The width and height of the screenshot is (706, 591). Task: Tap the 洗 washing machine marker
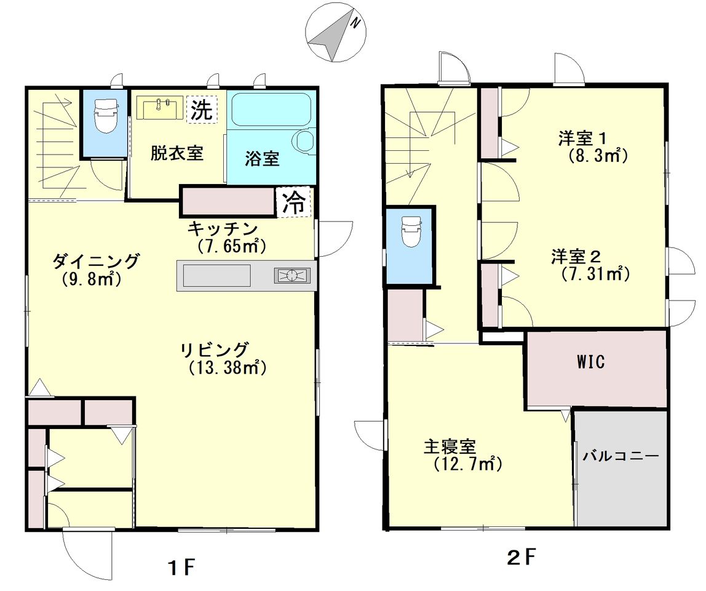[201, 108]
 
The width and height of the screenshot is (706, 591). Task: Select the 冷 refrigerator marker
[294, 203]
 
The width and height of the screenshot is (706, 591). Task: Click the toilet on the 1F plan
[105, 115]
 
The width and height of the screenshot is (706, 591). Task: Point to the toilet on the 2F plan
[411, 231]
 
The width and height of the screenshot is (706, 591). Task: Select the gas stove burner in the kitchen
[292, 275]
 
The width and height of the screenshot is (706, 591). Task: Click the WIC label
[591, 362]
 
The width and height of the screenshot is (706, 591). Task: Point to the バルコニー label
[621, 456]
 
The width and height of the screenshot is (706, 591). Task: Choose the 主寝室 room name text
[450, 447]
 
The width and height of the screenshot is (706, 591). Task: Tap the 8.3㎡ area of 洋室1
[597, 156]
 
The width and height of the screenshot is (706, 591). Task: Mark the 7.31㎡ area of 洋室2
[595, 273]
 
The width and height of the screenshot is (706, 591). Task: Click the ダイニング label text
[96, 261]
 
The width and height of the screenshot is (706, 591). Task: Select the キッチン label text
[222, 228]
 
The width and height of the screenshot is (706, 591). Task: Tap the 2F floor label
[522, 558]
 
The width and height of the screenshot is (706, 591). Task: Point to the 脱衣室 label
[177, 153]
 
